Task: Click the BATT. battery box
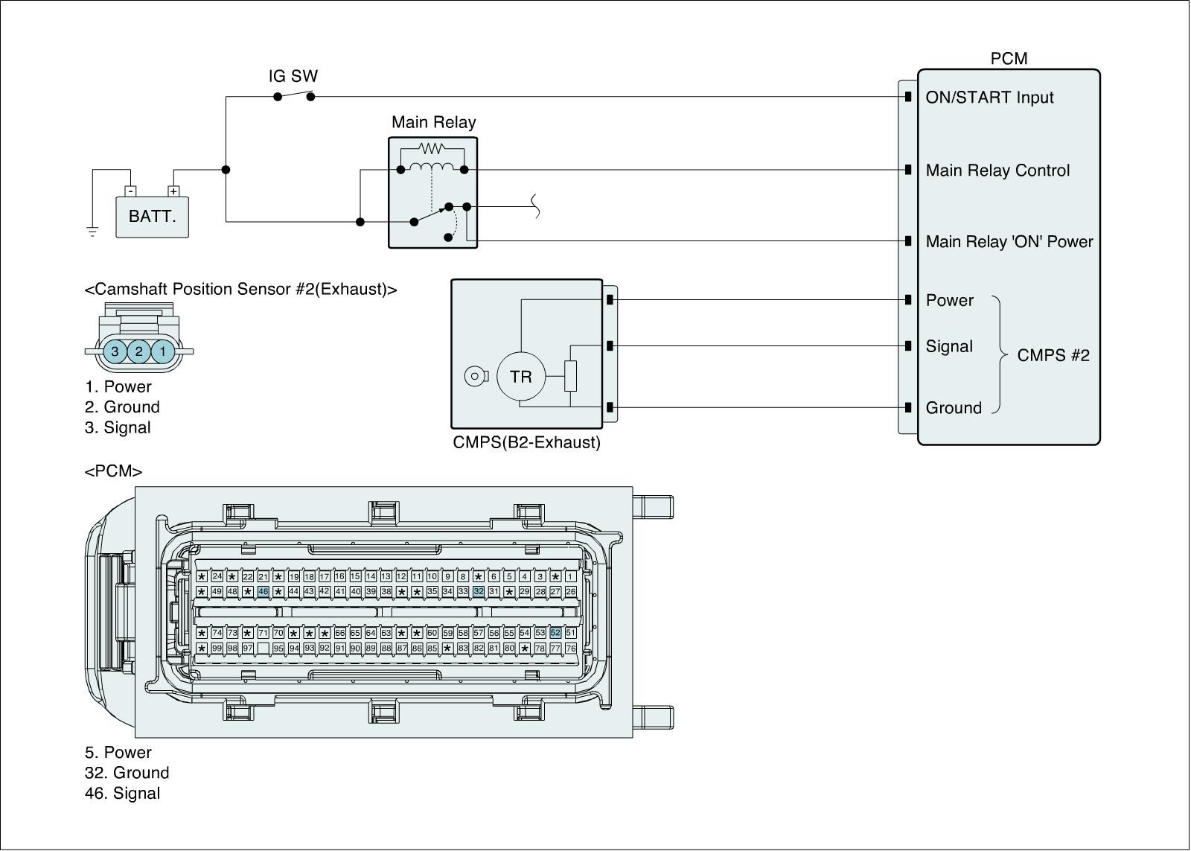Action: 152,217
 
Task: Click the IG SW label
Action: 293,76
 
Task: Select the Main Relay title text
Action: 433,122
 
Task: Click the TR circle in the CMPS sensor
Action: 521,376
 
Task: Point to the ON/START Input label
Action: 989,98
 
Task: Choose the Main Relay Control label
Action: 997,170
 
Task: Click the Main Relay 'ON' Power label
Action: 1009,242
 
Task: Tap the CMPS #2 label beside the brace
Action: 1053,355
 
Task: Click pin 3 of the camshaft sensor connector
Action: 115,351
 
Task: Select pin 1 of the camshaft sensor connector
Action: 163,351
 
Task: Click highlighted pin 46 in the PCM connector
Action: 263,591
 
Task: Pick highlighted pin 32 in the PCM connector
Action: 479,591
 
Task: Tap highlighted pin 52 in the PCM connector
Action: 555,633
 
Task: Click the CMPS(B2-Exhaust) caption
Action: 526,442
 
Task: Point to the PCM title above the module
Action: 1009,59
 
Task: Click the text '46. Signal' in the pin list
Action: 122,794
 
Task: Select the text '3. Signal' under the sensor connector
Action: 118,428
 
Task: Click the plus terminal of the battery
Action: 173,191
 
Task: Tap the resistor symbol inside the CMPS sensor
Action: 570,376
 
